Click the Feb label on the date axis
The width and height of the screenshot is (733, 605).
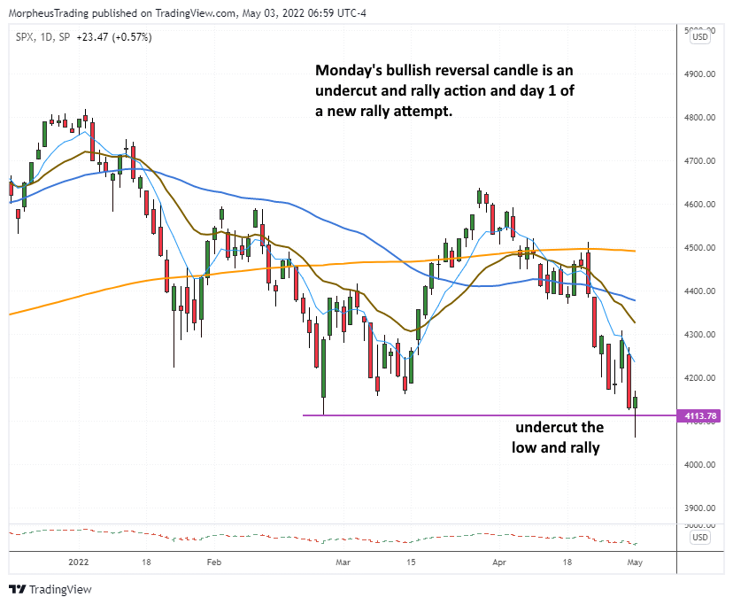tap(212, 562)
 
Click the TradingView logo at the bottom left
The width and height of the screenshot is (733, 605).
tap(50, 589)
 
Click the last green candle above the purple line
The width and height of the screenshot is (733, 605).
tap(637, 403)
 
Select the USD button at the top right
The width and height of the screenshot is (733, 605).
tap(699, 36)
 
